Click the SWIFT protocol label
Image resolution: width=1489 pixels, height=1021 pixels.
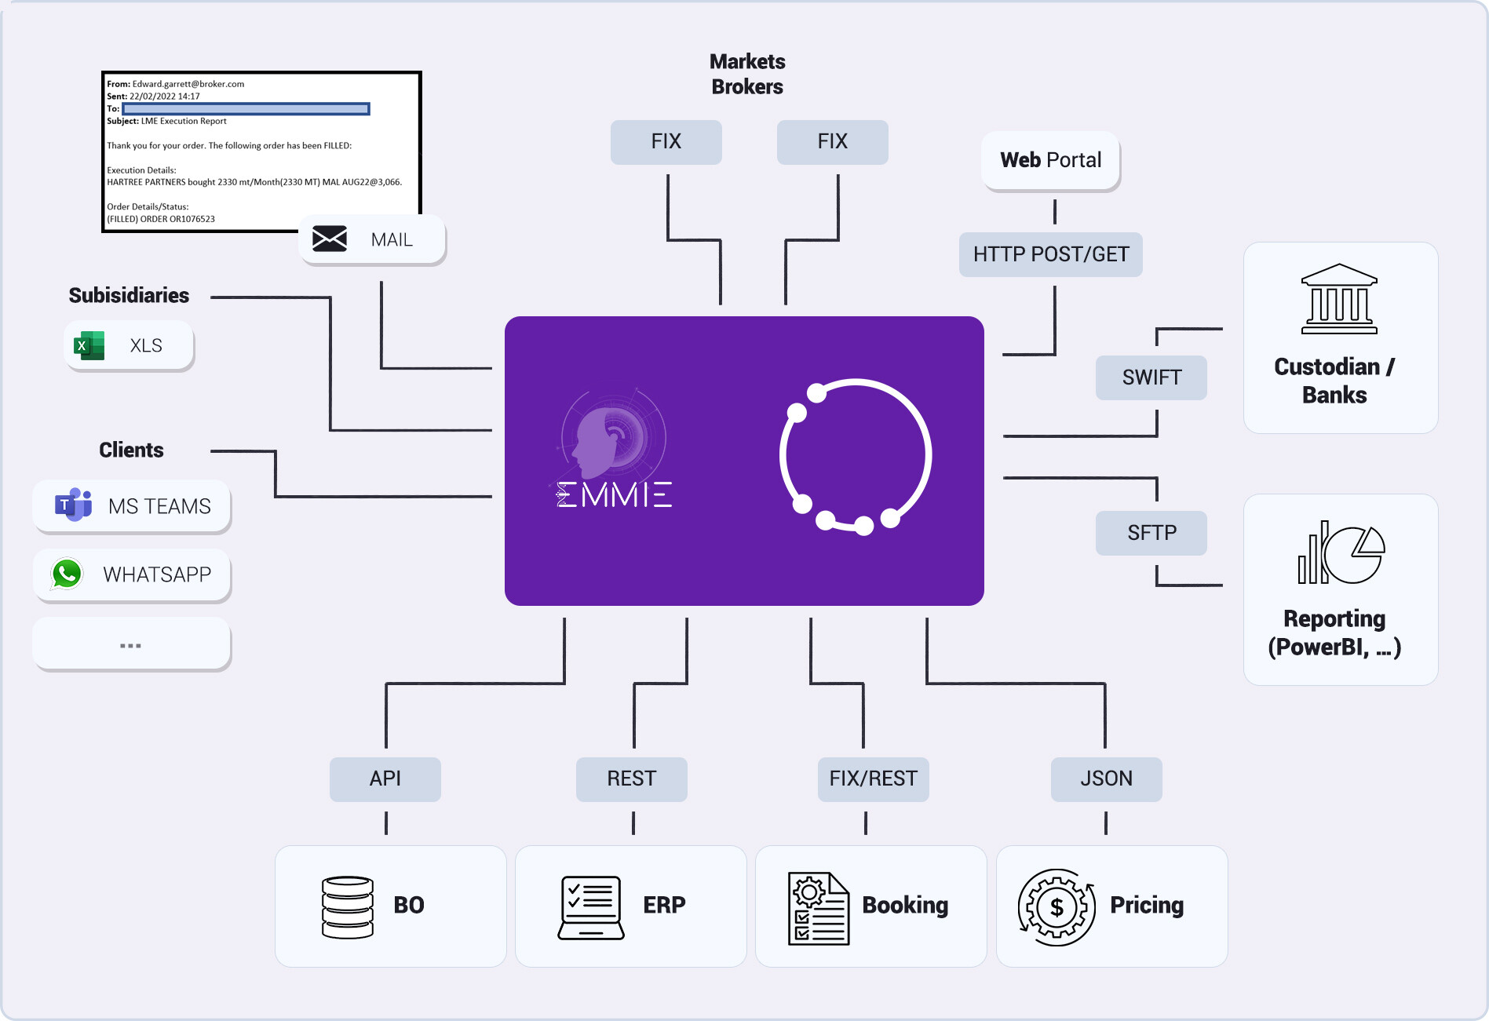1151,377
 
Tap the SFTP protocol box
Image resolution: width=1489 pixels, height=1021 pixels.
1151,533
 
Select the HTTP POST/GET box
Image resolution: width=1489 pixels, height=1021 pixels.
1050,254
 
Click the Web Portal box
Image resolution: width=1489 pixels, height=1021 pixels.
1050,160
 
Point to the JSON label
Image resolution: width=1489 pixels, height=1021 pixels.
1106,779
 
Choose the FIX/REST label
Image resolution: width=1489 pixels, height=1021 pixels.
873,779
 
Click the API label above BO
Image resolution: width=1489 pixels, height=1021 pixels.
385,779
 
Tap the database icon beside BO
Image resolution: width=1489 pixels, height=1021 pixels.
348,906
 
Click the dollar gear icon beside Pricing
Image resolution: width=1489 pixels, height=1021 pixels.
1057,907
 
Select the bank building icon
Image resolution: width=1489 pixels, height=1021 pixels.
1339,299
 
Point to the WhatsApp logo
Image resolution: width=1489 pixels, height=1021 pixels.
67,574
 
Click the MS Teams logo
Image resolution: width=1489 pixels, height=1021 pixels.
73,505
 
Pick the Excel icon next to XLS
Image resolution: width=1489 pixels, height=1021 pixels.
89,345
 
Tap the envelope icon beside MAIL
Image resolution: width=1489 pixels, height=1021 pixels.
330,239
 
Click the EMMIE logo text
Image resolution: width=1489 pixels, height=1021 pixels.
614,494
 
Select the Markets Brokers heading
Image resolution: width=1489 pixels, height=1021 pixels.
747,74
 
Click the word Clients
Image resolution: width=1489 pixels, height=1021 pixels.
131,450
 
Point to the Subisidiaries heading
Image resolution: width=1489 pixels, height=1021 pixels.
129,295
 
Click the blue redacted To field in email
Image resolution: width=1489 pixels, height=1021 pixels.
246,108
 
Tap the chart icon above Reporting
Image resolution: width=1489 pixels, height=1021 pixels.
1341,552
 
